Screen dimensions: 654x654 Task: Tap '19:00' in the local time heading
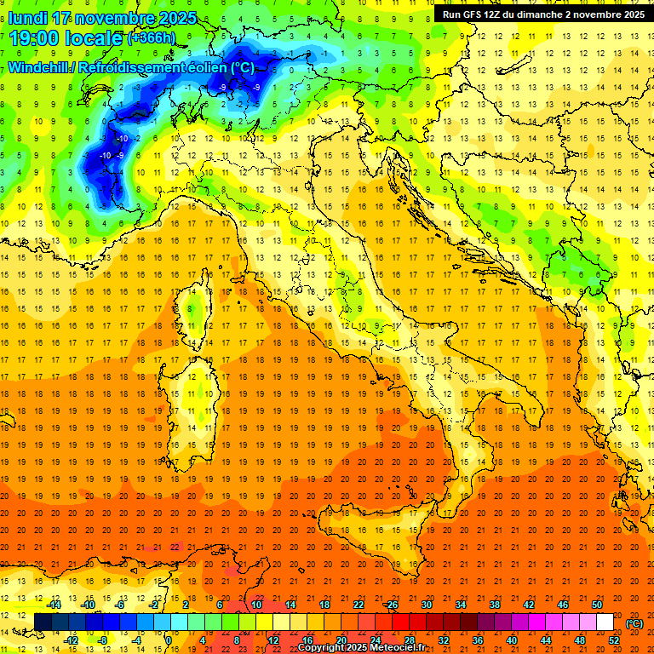click(x=37, y=38)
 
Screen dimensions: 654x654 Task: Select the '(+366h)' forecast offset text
click(x=152, y=38)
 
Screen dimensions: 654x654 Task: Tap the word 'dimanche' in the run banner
click(x=542, y=14)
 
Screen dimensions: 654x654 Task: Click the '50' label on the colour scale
click(x=596, y=605)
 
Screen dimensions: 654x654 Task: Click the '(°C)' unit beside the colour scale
click(x=634, y=622)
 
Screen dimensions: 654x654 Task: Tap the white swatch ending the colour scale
click(x=605, y=622)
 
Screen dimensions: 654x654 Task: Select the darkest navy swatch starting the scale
click(x=43, y=622)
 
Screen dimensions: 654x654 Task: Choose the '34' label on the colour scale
click(x=460, y=605)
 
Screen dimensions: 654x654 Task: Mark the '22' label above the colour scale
click(x=358, y=605)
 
